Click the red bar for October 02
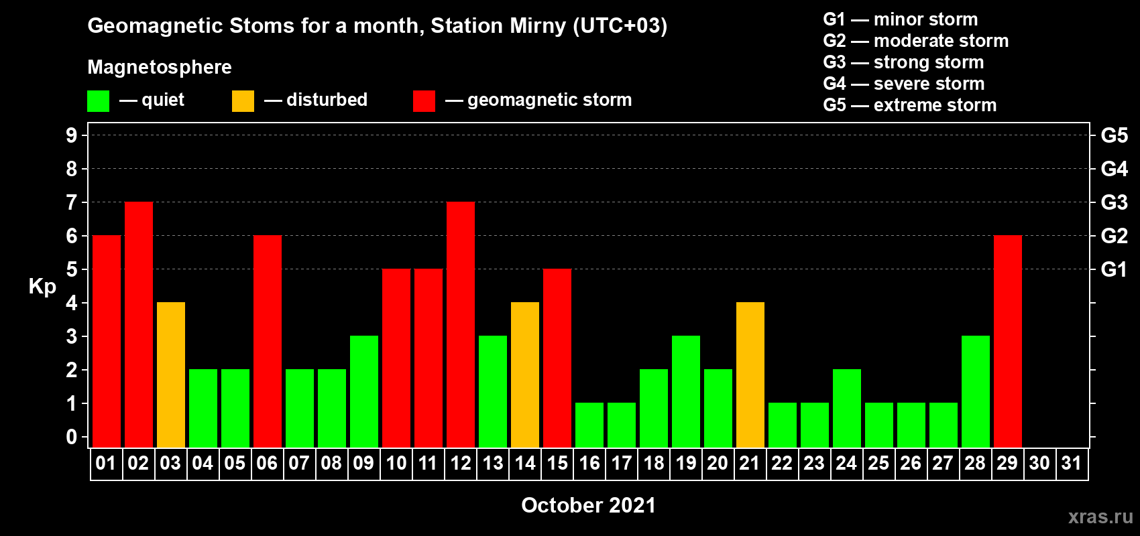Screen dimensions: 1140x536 coord(138,324)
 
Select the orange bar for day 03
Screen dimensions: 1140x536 coord(171,375)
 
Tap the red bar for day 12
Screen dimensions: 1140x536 coord(461,324)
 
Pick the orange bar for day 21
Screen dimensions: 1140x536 coord(750,375)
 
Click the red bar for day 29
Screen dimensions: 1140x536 coord(1008,341)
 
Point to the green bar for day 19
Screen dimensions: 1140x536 coord(686,391)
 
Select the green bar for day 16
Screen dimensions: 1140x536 coord(589,425)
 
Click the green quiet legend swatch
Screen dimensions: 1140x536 coord(98,100)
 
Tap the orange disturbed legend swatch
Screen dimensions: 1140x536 coord(243,100)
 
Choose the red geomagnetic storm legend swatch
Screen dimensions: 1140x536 coord(424,100)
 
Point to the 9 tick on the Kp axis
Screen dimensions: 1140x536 coord(71,135)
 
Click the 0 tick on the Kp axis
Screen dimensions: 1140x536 coord(71,437)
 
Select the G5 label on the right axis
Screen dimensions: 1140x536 coord(1114,135)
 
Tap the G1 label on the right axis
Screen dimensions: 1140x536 coord(1114,269)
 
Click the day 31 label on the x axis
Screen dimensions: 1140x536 coord(1072,463)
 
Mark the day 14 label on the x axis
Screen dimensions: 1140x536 coord(524,463)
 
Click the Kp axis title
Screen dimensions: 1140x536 coord(42,287)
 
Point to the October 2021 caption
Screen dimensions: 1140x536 coord(589,505)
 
